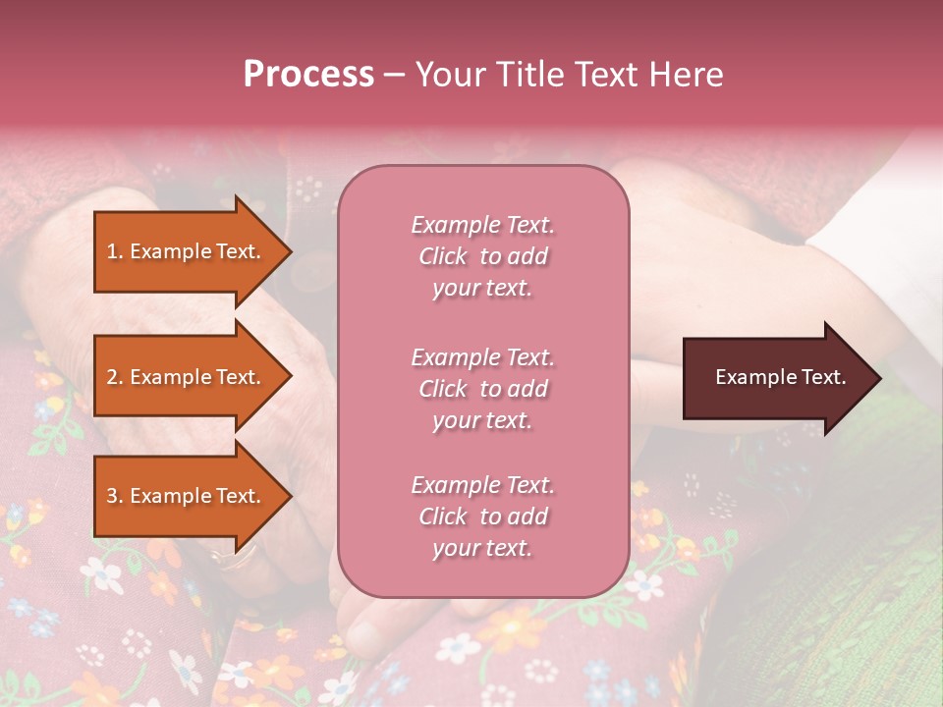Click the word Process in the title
(x=308, y=75)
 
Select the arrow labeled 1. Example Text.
(x=187, y=251)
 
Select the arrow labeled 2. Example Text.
(x=187, y=377)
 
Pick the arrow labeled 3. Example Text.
(x=187, y=496)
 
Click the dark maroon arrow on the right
(x=776, y=378)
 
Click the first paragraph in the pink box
(x=482, y=256)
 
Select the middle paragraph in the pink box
(x=482, y=389)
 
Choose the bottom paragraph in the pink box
(x=482, y=517)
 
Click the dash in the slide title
(x=394, y=76)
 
